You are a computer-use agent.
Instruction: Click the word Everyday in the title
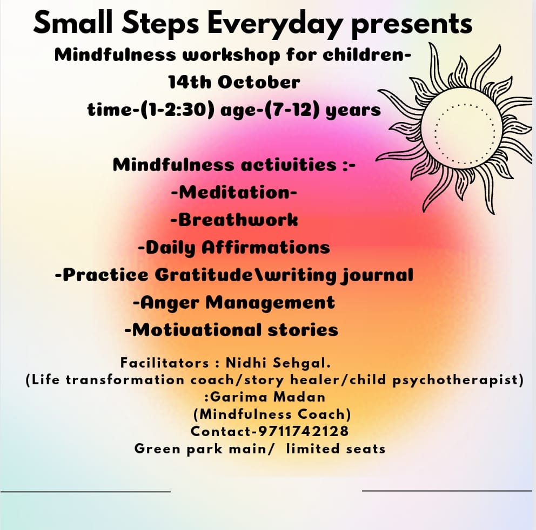pos(274,24)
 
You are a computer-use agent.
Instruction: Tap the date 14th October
pos(234,82)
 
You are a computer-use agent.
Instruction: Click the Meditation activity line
pos(234,193)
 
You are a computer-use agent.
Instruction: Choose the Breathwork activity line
pos(234,220)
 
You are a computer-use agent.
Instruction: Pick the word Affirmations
pos(266,248)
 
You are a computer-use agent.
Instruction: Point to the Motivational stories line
pos(231,330)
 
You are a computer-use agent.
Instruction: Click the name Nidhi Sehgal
pos(278,363)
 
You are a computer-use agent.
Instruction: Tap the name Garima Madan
pos(267,397)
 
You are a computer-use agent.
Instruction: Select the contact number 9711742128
pos(304,431)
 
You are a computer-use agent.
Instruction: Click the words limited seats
pos(336,449)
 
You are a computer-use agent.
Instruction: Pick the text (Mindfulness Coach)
pos(272,415)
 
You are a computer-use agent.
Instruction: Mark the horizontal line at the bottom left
pos(85,492)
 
